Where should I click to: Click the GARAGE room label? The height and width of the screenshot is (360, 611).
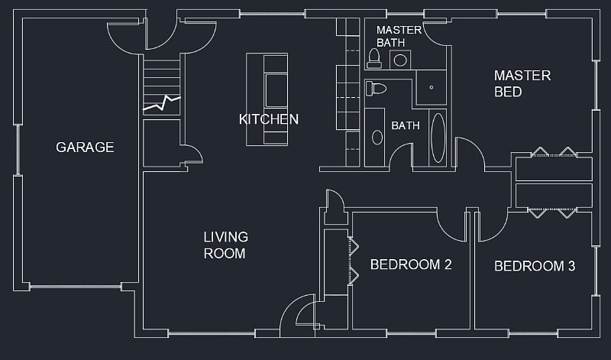point(85,147)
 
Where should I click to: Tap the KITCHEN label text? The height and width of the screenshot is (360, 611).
point(269,119)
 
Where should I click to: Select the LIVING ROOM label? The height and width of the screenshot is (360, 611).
point(225,245)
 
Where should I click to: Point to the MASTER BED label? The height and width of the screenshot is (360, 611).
point(522,83)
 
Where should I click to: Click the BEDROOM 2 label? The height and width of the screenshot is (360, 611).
point(411,264)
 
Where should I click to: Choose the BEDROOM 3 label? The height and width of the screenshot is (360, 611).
point(535,266)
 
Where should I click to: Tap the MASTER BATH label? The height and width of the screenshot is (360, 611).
point(399,36)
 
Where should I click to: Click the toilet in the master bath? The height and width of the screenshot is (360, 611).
point(374,59)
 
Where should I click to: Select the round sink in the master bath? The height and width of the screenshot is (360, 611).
point(400,60)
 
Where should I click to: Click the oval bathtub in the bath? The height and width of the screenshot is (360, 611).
point(438,138)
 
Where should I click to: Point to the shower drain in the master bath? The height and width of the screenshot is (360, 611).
point(432,87)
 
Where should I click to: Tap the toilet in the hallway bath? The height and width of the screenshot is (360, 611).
point(376,89)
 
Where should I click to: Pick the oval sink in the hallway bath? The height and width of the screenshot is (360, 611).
point(377,138)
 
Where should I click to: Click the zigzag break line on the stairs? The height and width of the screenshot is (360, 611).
point(162,103)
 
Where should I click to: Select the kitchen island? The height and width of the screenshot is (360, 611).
point(267,99)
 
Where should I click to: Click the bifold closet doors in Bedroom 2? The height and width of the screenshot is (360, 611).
point(354,261)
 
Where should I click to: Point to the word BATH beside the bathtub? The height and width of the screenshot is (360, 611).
point(406,125)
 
